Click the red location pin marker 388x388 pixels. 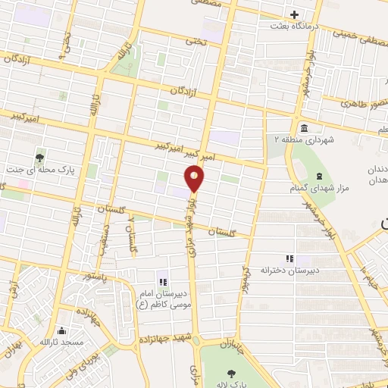tap(195, 179)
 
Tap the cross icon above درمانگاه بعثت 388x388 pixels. tap(295, 14)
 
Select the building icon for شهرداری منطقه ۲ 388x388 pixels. tap(304, 127)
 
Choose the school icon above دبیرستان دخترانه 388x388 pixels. tap(287, 258)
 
